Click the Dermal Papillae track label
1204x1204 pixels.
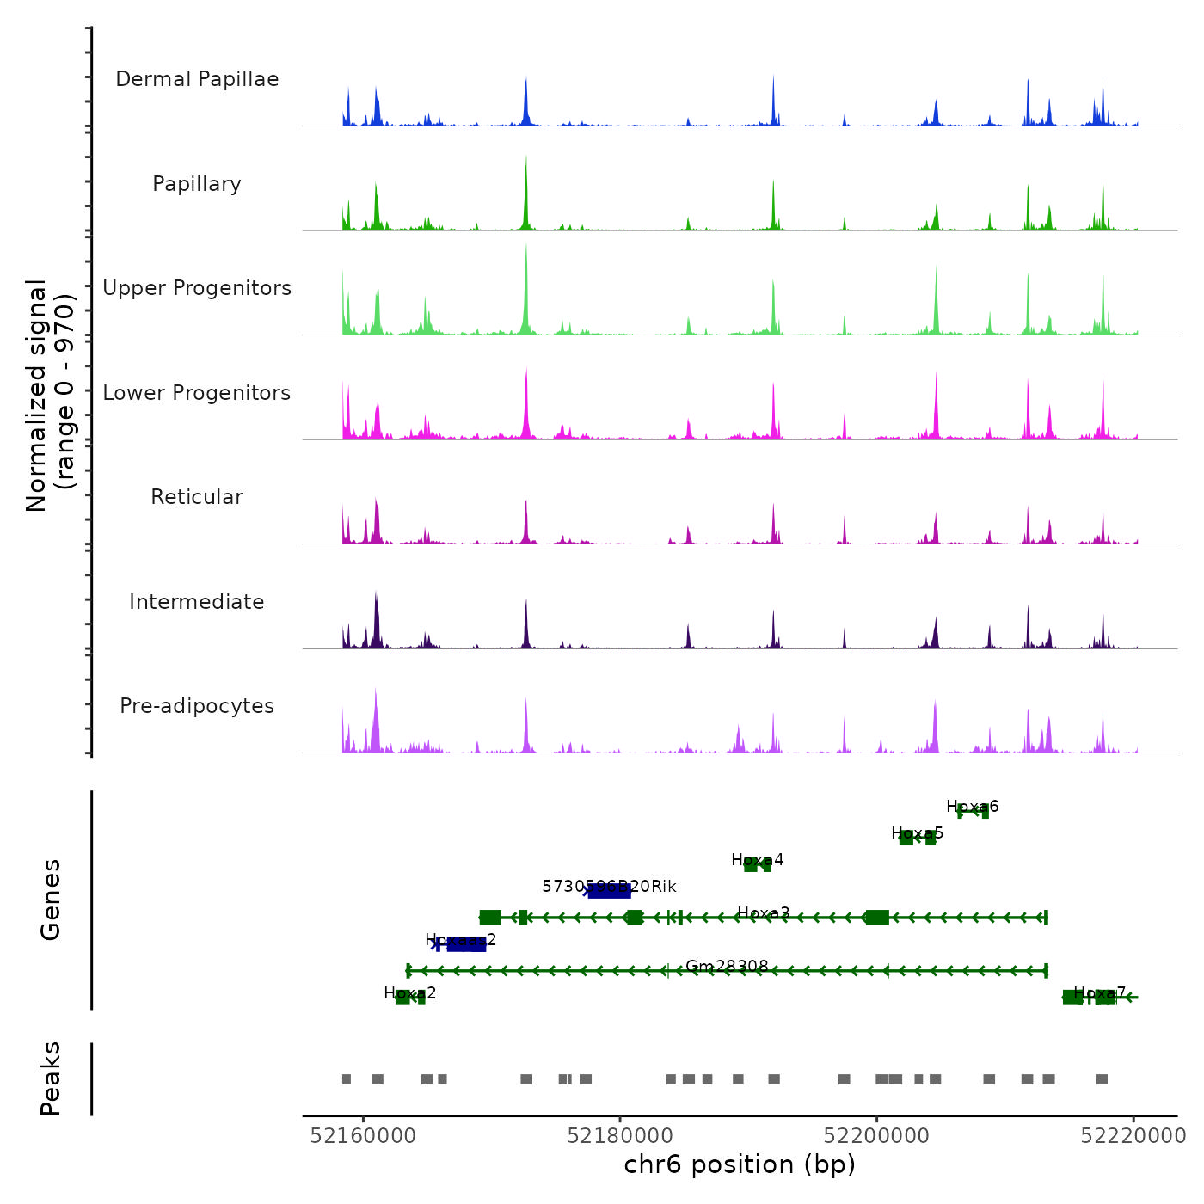pyautogui.click(x=197, y=79)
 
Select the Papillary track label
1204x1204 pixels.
pyautogui.click(x=197, y=184)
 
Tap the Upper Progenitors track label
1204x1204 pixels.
pyautogui.click(x=197, y=288)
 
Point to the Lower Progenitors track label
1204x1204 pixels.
pyautogui.click(x=197, y=393)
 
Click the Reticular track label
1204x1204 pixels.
pyautogui.click(x=197, y=497)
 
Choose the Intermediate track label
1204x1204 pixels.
pyautogui.click(x=197, y=602)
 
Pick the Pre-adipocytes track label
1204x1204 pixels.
pyautogui.click(x=197, y=706)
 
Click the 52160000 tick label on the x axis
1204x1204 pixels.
pyautogui.click(x=363, y=1136)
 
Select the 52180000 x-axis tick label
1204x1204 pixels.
pyautogui.click(x=620, y=1136)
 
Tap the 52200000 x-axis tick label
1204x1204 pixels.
pyautogui.click(x=876, y=1136)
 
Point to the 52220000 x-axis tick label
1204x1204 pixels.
pyautogui.click(x=1133, y=1136)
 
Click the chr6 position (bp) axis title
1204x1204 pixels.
pyautogui.click(x=740, y=1164)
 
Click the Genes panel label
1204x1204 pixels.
pyautogui.click(x=51, y=899)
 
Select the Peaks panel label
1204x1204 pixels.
pyautogui.click(x=51, y=1078)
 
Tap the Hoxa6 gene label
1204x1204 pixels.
pyautogui.click(x=973, y=807)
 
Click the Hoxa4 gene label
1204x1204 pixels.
pyautogui.click(x=758, y=860)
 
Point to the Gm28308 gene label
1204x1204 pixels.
pyautogui.click(x=727, y=967)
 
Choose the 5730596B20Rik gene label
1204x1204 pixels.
pyautogui.click(x=609, y=887)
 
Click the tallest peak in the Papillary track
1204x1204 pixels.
pyautogui.click(x=526, y=158)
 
